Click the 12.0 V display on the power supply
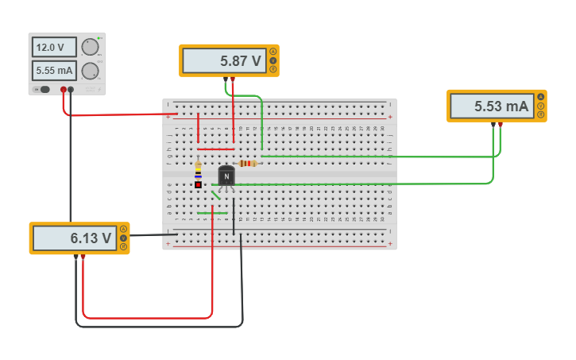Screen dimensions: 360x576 click(x=54, y=47)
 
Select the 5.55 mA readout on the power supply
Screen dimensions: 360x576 click(x=54, y=71)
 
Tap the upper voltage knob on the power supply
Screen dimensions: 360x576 click(x=90, y=47)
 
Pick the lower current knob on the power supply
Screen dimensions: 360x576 click(x=90, y=71)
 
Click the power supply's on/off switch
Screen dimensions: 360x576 click(x=44, y=89)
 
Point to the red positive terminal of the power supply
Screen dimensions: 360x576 click(x=63, y=90)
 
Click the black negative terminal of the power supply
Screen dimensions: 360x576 click(x=71, y=90)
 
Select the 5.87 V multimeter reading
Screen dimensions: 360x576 click(x=223, y=60)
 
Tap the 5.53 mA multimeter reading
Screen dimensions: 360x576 click(x=491, y=106)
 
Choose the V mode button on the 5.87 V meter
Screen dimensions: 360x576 click(x=273, y=60)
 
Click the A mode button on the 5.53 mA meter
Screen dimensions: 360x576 click(x=541, y=97)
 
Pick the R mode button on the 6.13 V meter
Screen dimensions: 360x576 click(x=123, y=246)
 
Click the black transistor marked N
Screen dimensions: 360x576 click(x=227, y=177)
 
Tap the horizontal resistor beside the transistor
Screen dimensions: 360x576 click(x=249, y=163)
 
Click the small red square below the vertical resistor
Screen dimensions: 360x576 click(x=198, y=184)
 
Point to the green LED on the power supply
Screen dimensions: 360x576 click(x=99, y=39)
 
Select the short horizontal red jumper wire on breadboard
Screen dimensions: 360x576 click(x=215, y=149)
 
